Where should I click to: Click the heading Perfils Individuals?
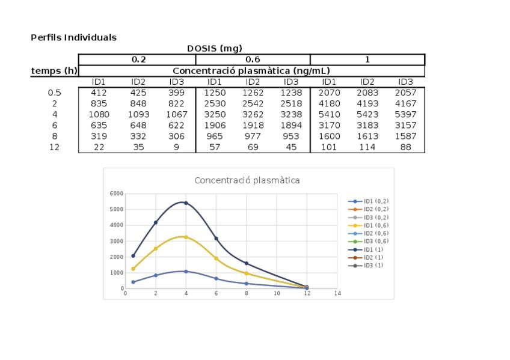point(73,37)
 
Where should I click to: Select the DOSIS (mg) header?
point(214,48)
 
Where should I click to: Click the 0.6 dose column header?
point(253,59)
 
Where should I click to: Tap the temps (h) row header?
point(54,71)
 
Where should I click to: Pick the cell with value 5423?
point(367,114)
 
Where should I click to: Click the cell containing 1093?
point(138,114)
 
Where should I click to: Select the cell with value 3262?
point(253,114)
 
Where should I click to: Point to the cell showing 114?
point(367,147)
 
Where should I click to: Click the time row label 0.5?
point(54,93)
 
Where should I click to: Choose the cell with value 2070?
point(328,93)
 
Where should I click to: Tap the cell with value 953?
point(291,136)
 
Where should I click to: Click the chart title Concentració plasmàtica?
point(247,180)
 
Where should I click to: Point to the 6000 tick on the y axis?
point(116,194)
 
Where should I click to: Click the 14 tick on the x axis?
point(337,294)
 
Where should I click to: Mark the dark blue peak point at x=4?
point(186,203)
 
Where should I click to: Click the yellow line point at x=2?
point(156,248)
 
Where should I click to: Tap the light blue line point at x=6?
point(216,279)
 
